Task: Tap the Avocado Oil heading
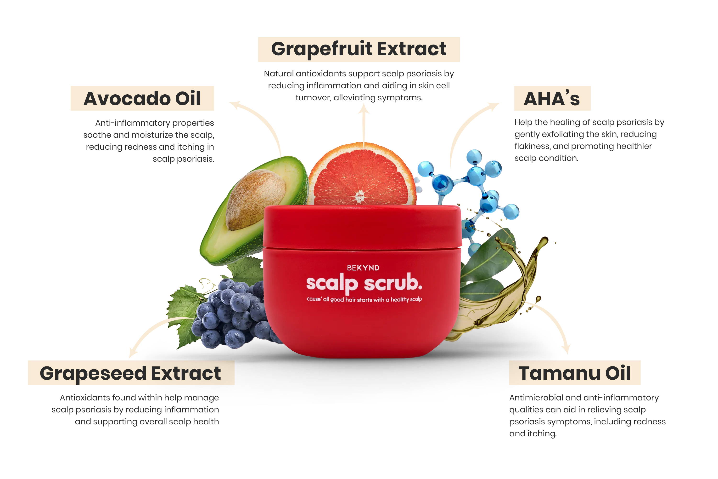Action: pos(142,98)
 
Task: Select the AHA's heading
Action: pos(552,98)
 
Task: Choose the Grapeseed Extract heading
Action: pos(130,373)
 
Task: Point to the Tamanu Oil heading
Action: pos(575,373)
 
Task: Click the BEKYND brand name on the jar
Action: pos(363,268)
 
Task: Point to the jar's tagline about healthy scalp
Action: pos(364,299)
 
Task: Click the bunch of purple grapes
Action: pos(232,315)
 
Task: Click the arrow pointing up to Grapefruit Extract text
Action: pos(364,122)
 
